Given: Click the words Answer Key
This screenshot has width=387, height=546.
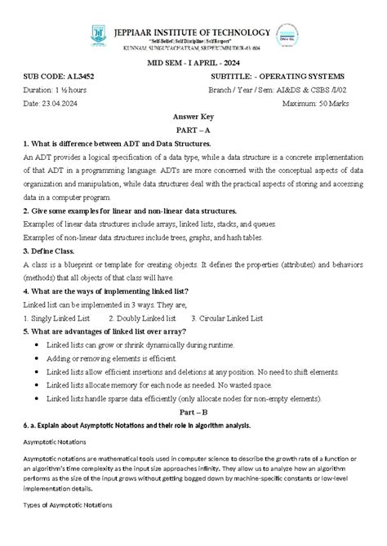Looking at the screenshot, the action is pos(193,118).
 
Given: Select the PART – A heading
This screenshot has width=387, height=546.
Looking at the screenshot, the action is pos(193,131).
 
